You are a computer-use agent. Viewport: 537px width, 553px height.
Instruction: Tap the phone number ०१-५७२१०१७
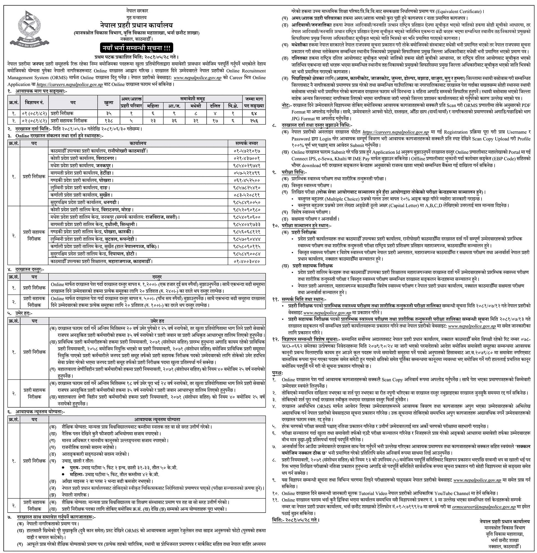[247, 151]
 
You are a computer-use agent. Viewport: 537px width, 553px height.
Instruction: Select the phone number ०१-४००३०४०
[247, 261]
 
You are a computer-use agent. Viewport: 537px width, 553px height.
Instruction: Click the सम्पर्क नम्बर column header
[247, 143]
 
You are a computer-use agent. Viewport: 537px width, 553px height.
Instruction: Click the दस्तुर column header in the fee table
[157, 277]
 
